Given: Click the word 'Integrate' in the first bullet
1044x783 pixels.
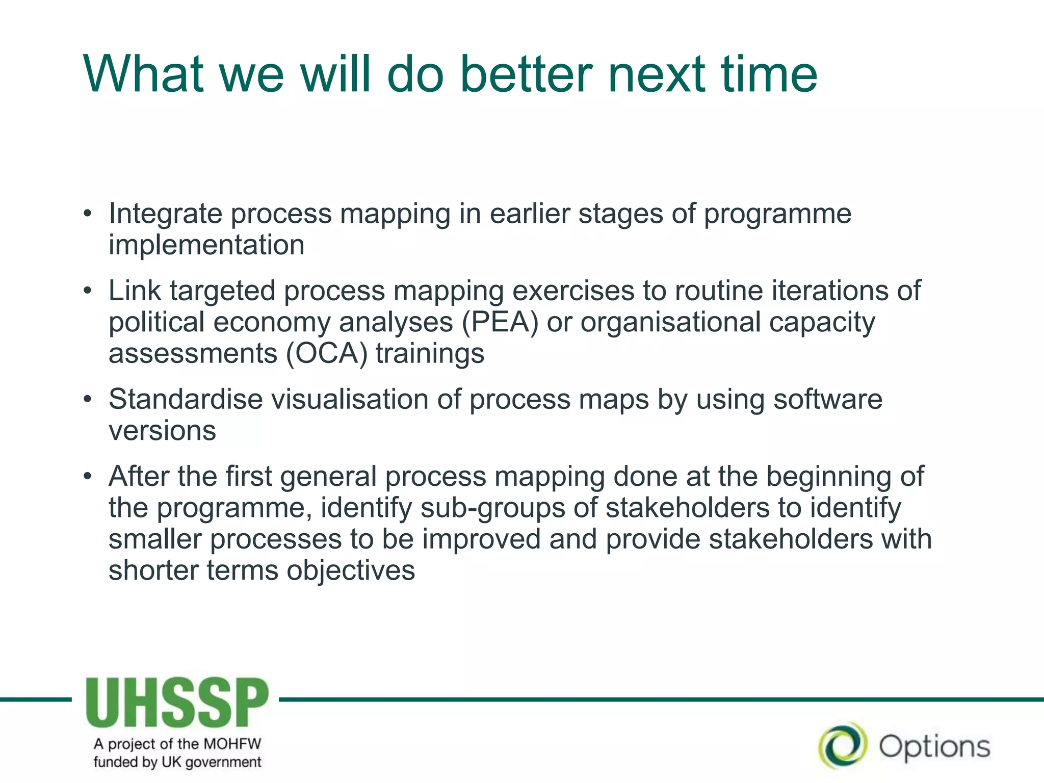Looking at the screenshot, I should (165, 214).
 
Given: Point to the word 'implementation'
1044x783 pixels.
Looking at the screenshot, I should (206, 245).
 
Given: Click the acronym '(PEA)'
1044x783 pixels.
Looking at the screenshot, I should (500, 323).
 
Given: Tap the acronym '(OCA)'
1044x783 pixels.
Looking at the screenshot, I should (327, 354).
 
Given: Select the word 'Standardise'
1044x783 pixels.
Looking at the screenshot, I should (186, 399).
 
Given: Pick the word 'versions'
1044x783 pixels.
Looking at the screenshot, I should (162, 431).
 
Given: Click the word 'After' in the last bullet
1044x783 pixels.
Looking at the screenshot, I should (139, 477).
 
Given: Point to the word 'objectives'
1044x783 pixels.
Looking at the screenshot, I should (351, 570).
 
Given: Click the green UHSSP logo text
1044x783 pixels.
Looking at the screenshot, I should (177, 703).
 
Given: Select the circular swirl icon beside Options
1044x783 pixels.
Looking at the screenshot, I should (842, 746).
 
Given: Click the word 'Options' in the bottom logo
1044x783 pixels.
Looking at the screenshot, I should (934, 747).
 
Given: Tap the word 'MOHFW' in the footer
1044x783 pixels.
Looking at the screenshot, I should (232, 744).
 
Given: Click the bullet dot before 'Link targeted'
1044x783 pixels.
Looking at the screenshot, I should (88, 291).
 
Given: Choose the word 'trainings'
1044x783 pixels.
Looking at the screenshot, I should (430, 354).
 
